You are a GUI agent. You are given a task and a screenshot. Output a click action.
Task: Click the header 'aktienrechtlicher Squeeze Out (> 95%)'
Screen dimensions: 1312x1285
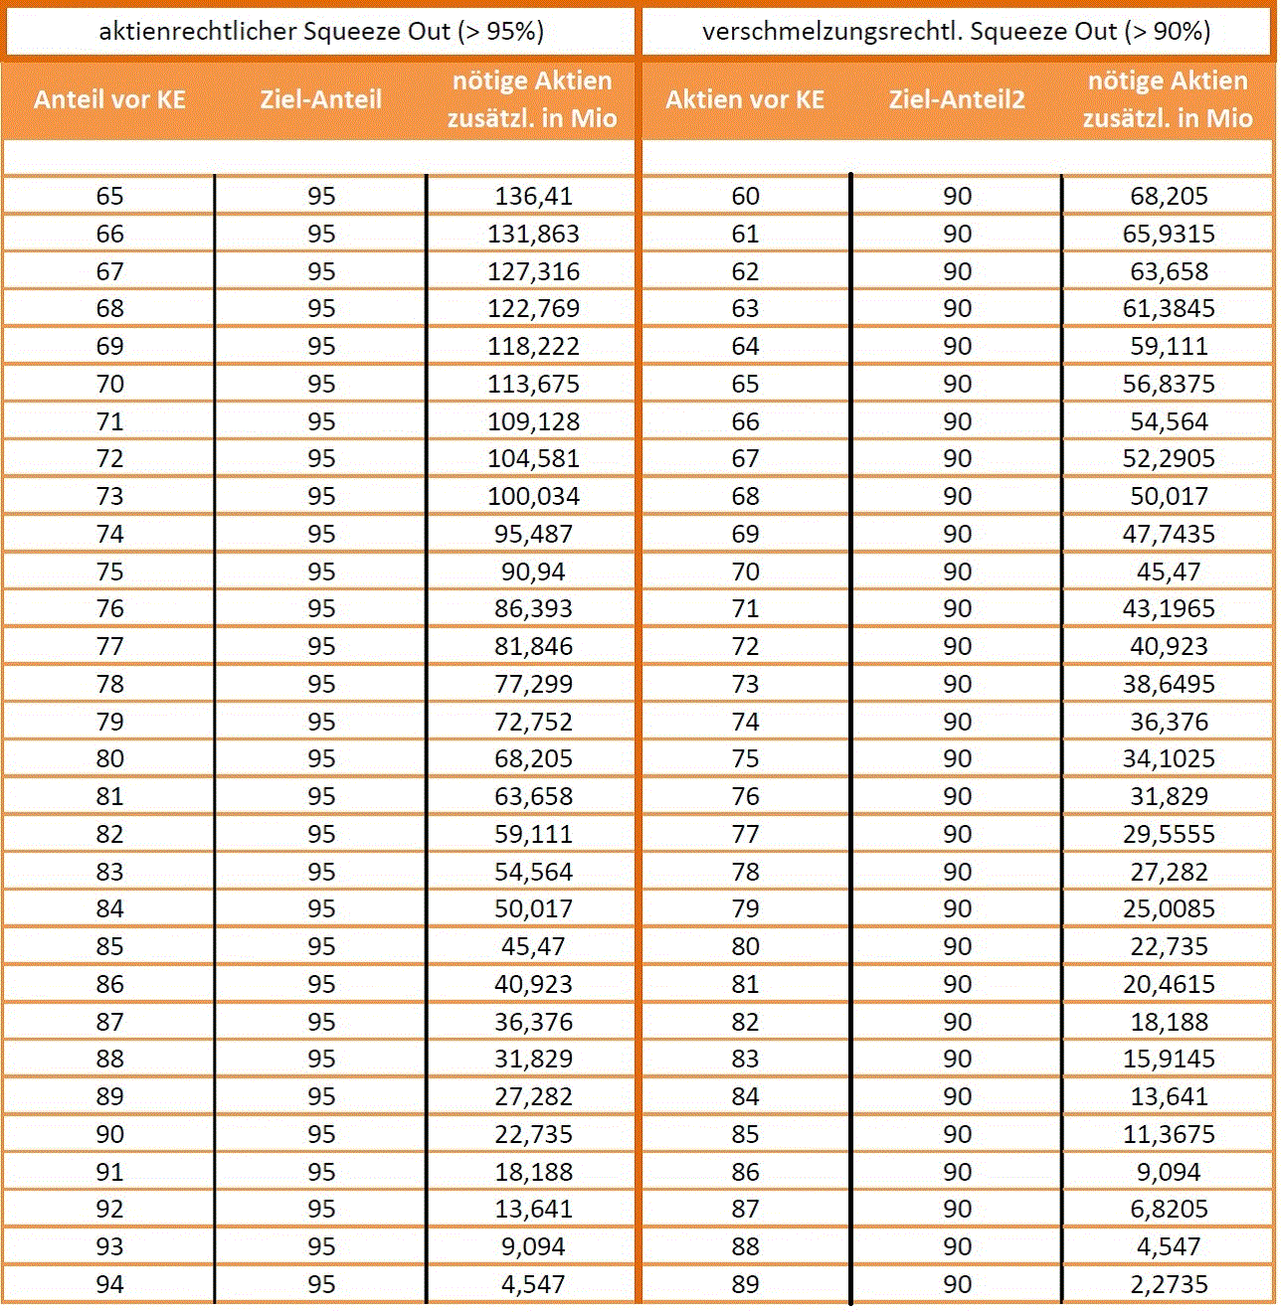[x=321, y=32]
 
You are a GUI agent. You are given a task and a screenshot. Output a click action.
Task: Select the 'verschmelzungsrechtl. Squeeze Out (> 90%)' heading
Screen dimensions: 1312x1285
[x=956, y=32]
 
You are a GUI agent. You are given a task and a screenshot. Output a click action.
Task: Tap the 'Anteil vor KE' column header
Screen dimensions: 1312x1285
[x=109, y=99]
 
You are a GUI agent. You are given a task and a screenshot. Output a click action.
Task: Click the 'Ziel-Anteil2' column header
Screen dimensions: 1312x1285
[x=957, y=99]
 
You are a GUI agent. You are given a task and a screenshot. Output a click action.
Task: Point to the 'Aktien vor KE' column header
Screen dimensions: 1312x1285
[x=745, y=99]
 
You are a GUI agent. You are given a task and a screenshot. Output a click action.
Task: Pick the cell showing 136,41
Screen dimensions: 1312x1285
[x=533, y=196]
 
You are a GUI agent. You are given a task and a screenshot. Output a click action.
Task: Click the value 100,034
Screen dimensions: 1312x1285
[x=533, y=496]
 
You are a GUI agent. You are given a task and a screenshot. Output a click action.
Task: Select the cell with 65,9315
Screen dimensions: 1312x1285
[x=1169, y=234]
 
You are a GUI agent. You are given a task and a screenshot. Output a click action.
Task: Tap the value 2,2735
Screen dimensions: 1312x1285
[x=1169, y=1284]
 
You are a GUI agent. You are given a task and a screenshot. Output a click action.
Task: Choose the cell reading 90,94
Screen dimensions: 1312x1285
[x=533, y=572]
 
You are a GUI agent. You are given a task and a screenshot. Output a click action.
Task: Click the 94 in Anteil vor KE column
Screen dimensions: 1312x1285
[x=109, y=1284]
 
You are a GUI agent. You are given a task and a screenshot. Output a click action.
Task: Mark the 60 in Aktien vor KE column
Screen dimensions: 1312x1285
[x=745, y=196]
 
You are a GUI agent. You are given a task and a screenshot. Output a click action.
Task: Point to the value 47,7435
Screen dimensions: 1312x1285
[x=1169, y=534]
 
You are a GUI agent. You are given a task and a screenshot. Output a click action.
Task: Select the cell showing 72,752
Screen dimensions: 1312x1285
[x=533, y=722]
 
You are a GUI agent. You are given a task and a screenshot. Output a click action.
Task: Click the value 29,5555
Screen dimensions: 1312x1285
[x=1169, y=834]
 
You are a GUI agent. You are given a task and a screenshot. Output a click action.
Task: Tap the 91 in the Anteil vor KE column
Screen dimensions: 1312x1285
[x=109, y=1172]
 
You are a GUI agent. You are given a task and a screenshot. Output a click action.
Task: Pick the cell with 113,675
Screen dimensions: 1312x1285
[x=533, y=384]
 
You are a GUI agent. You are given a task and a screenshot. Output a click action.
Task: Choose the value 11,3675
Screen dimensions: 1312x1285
[x=1169, y=1134]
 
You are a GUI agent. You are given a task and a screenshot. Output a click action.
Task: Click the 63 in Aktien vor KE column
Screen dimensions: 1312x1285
[x=745, y=308]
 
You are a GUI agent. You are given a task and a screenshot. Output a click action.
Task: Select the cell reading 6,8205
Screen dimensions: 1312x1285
[x=1169, y=1209]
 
